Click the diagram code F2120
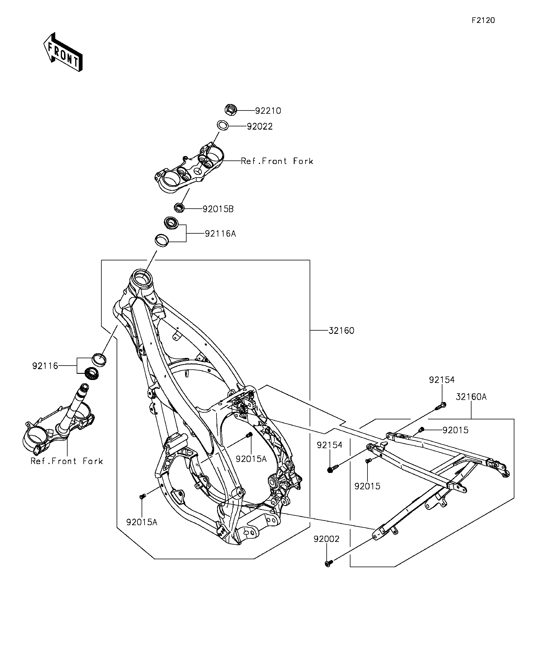[483, 20]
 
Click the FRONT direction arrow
[63, 52]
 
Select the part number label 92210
[268, 111]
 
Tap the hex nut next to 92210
[231, 110]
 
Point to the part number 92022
[260, 126]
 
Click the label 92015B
[218, 209]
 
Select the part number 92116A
[220, 234]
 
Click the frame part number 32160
[341, 331]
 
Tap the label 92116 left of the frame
[45, 366]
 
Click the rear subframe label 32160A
[471, 397]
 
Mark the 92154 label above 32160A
[442, 380]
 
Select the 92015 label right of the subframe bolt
[455, 430]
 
